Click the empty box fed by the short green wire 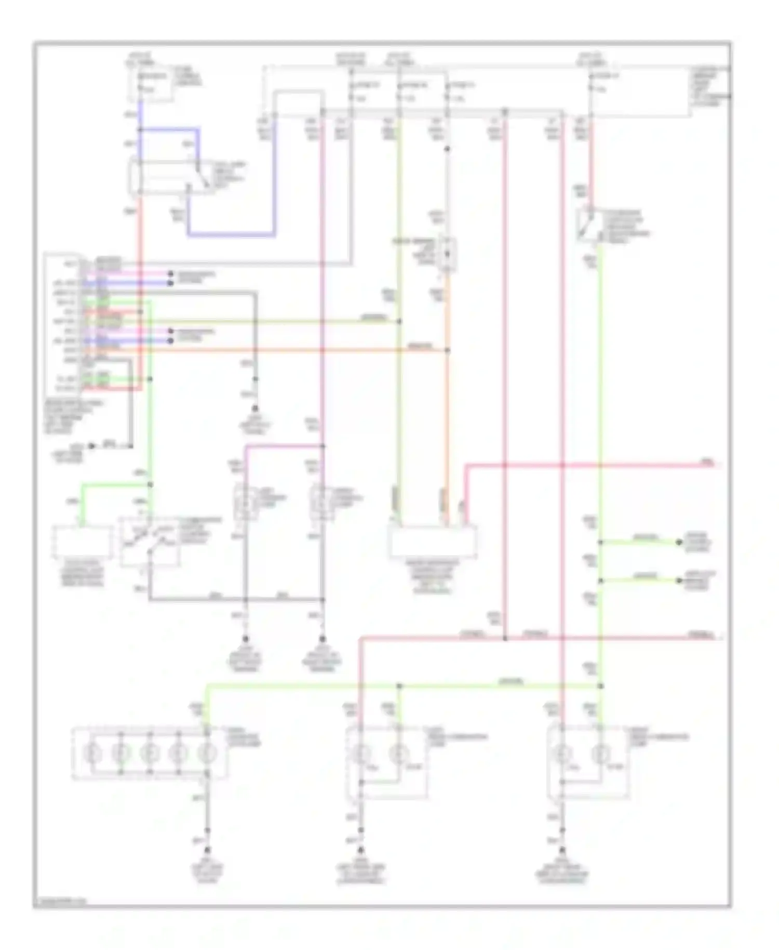(82, 542)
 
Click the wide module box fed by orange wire (433, 541)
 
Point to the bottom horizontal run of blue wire (231, 235)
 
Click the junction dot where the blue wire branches (140, 129)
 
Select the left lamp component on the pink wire (245, 502)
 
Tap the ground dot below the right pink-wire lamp (322, 639)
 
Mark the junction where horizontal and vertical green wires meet (601, 686)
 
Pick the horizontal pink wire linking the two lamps (283, 445)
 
